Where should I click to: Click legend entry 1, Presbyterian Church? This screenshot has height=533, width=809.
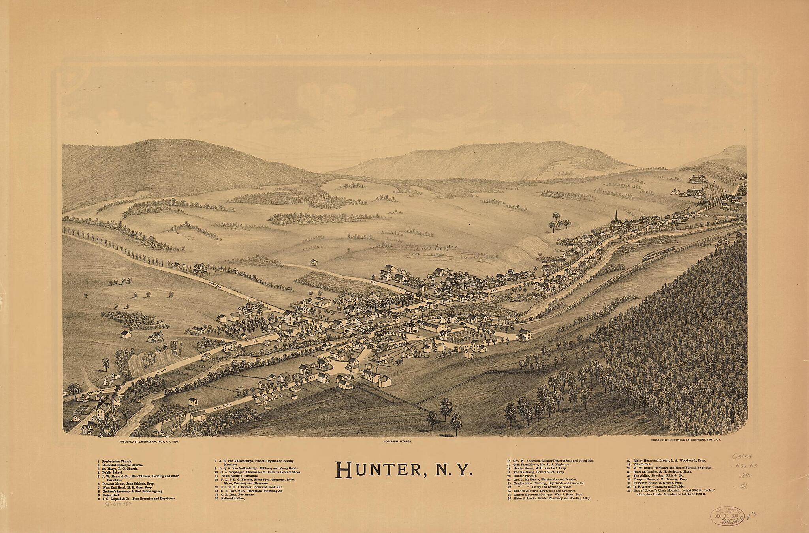115,461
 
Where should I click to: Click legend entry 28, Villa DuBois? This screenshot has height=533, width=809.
642,464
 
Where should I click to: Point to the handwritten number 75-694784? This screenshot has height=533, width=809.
118,505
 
